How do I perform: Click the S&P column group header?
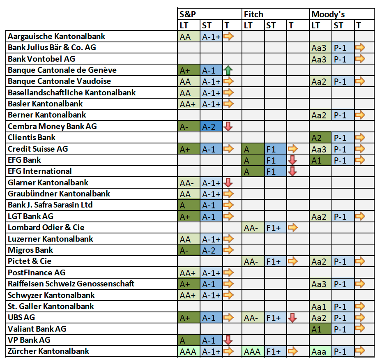pyautogui.click(x=187, y=14)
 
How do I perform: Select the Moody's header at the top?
pyautogui.click(x=328, y=14)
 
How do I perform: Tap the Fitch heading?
pyautogui.click(x=253, y=14)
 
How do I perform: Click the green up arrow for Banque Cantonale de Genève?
pyautogui.click(x=228, y=70)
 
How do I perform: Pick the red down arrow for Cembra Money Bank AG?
pyautogui.click(x=228, y=127)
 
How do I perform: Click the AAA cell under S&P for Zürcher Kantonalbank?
pyautogui.click(x=189, y=351)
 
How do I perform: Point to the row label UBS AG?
pyautogui.click(x=24, y=318)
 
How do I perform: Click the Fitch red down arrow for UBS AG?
pyautogui.click(x=292, y=318)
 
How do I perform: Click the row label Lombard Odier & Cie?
pyautogui.click(x=46, y=228)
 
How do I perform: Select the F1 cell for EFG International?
pyautogui.click(x=275, y=171)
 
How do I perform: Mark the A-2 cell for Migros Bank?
pyautogui.click(x=211, y=250)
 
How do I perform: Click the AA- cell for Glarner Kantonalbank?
pyautogui.click(x=189, y=183)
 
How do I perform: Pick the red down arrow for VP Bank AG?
pyautogui.click(x=228, y=340)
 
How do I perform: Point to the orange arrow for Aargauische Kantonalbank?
pyautogui.click(x=228, y=37)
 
